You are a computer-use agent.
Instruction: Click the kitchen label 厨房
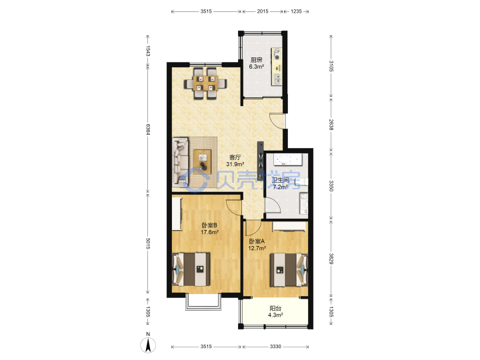tap(256, 60)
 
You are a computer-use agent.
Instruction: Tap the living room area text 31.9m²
tap(235, 164)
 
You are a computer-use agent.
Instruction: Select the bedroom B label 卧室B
tap(209, 225)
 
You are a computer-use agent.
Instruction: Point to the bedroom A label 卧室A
tap(257, 241)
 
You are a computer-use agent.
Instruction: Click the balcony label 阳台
tap(275, 308)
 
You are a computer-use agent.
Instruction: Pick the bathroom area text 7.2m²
tap(281, 187)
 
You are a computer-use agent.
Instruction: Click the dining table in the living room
tap(205, 83)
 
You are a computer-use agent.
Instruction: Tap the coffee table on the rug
tap(202, 162)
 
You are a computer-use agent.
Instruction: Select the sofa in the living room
tap(180, 161)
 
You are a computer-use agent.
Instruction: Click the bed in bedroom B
tap(192, 269)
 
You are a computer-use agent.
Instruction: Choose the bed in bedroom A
tap(289, 270)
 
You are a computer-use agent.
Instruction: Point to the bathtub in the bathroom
tap(287, 159)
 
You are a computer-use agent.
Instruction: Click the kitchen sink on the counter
tap(277, 79)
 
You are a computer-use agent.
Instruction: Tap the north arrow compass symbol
tap(148, 344)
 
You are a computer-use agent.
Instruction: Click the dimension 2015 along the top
tap(263, 11)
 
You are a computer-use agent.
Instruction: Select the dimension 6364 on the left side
tap(148, 129)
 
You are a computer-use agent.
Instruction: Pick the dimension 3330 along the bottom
tap(275, 347)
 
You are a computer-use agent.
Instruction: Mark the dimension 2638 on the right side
tap(331, 125)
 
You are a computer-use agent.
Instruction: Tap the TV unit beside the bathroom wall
tap(261, 161)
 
